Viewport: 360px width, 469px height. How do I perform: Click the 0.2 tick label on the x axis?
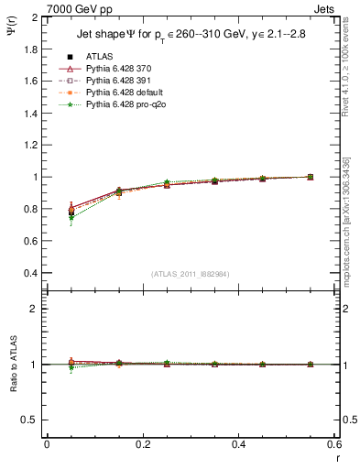(x=142, y=443)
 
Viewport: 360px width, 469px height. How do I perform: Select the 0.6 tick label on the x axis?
(x=333, y=443)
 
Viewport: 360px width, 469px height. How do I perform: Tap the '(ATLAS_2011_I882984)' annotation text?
(x=191, y=274)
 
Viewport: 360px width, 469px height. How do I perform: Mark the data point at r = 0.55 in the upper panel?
(x=310, y=177)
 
